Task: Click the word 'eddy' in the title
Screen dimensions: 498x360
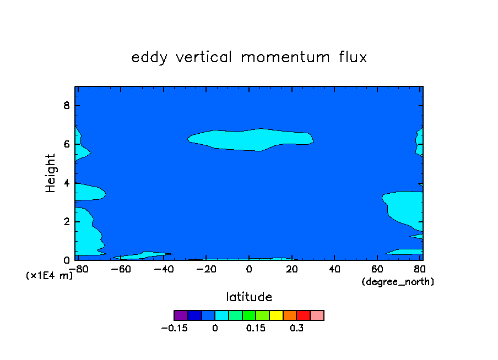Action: [149, 58]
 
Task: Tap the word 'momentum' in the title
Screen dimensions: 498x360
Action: [285, 57]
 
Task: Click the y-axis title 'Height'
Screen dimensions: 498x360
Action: [50, 173]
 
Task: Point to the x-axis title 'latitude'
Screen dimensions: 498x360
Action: [249, 297]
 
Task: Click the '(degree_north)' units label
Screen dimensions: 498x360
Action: [398, 282]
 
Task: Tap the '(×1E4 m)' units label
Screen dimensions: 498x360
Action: [49, 275]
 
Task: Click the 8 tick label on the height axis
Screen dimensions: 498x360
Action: [66, 105]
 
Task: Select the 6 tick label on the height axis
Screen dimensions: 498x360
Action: [66, 144]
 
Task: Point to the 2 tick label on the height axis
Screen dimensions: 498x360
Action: [66, 222]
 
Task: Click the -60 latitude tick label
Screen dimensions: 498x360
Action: [121, 269]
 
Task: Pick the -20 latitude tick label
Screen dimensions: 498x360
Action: [207, 269]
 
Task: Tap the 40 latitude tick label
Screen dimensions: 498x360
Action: [334, 269]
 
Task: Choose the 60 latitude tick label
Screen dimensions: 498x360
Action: [377, 269]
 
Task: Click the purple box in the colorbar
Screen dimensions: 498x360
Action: [181, 315]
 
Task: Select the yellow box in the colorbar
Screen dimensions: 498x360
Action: [276, 315]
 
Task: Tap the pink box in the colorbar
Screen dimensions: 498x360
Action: [317, 315]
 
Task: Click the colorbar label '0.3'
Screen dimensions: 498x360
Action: [296, 328]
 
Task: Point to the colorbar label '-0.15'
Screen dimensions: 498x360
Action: [175, 328]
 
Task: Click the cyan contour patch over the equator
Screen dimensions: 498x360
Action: [251, 140]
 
